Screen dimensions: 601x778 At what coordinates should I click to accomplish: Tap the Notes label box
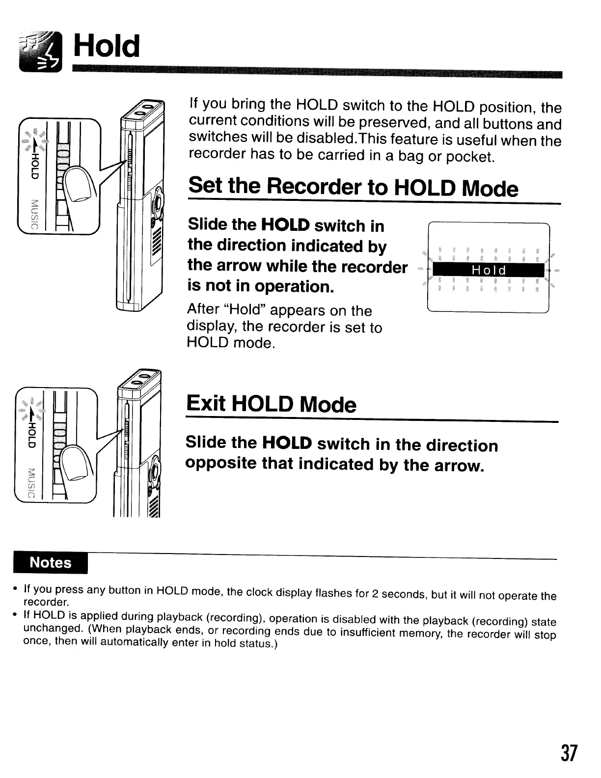coord(51,562)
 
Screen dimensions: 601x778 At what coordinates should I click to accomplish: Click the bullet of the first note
coord(16,588)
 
